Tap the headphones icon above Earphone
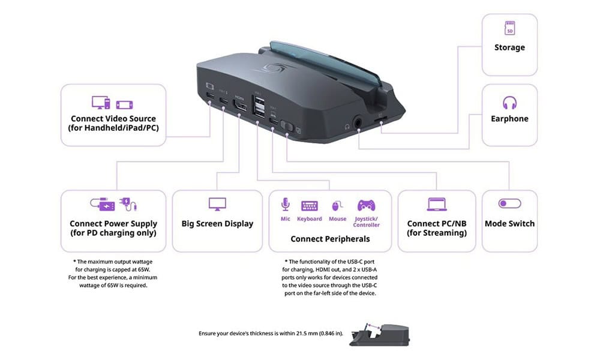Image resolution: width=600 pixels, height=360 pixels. point(509,102)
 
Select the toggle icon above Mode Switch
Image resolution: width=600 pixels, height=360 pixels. point(509,204)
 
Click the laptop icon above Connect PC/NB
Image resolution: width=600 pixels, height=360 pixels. point(436,204)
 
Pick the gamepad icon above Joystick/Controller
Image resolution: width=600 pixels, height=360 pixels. point(366,205)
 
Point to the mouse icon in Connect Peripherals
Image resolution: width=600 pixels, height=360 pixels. point(337,205)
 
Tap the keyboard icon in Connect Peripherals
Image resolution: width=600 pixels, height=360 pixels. point(310,205)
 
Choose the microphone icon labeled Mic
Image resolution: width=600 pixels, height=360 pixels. point(285,205)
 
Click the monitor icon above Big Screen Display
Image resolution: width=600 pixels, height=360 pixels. point(217,204)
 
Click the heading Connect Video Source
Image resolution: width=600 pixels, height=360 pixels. point(113,119)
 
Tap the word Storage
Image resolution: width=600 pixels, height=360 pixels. point(509,47)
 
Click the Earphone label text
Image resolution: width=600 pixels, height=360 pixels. point(509,119)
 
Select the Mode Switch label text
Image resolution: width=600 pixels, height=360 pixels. point(509,224)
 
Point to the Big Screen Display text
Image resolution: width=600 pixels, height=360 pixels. point(217,224)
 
